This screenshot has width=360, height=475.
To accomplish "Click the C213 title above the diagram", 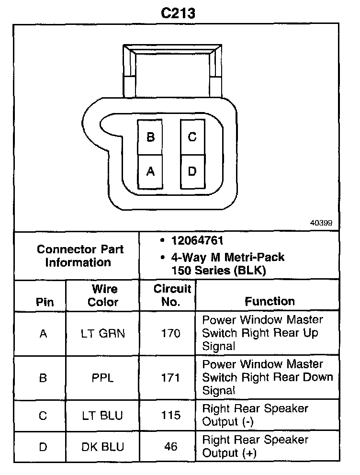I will click(178, 12).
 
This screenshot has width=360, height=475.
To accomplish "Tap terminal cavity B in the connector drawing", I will click(151, 137).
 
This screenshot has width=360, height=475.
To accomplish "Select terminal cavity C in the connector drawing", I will click(192, 137).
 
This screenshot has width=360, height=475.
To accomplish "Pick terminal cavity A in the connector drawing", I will click(151, 171).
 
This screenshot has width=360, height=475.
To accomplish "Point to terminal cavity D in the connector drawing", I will click(192, 171).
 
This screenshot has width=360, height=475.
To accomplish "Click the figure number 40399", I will click(321, 223).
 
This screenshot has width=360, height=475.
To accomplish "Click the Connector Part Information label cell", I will click(80, 256).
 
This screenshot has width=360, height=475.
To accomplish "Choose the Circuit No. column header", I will click(172, 295).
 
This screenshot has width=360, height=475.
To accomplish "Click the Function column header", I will click(270, 301).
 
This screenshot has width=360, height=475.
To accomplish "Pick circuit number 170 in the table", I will click(171, 333).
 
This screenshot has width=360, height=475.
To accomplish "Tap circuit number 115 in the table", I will click(171, 415).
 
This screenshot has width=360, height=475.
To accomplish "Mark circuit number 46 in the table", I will click(171, 446).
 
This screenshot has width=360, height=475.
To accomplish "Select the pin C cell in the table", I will click(43, 415).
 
